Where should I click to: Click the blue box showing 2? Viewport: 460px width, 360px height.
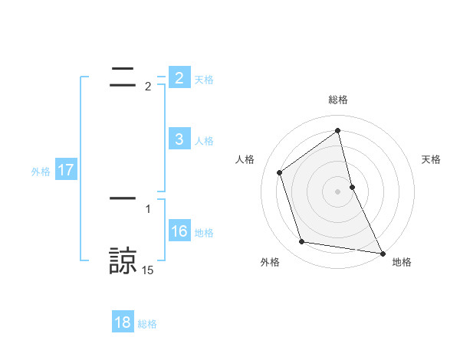click(179, 78)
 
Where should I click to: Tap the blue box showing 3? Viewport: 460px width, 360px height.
click(179, 139)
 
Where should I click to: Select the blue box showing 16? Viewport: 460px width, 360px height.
click(179, 231)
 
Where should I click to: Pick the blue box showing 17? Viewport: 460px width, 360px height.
click(66, 170)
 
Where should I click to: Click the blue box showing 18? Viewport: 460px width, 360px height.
click(123, 322)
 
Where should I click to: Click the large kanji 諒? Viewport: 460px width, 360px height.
click(123, 260)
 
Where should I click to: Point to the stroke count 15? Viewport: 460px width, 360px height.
click(147, 270)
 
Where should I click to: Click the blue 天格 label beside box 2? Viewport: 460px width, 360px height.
click(204, 79)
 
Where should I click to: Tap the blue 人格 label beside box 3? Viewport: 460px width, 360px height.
click(204, 140)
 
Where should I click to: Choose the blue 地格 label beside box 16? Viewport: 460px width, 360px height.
click(204, 232)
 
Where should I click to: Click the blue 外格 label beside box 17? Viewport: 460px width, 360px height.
click(41, 171)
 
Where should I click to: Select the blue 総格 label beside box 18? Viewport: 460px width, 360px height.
click(147, 323)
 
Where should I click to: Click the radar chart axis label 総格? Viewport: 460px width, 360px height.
click(338, 100)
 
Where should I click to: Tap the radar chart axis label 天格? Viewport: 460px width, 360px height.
click(432, 159)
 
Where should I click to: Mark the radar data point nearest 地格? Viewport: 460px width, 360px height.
click(382, 253)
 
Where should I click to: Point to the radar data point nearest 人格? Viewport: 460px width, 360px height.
click(279, 172)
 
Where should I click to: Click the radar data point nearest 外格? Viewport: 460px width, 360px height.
click(302, 242)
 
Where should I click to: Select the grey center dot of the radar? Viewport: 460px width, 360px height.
click(338, 191)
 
